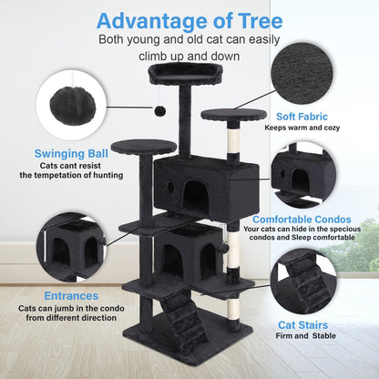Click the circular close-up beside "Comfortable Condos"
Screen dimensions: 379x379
[x=309, y=170]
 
